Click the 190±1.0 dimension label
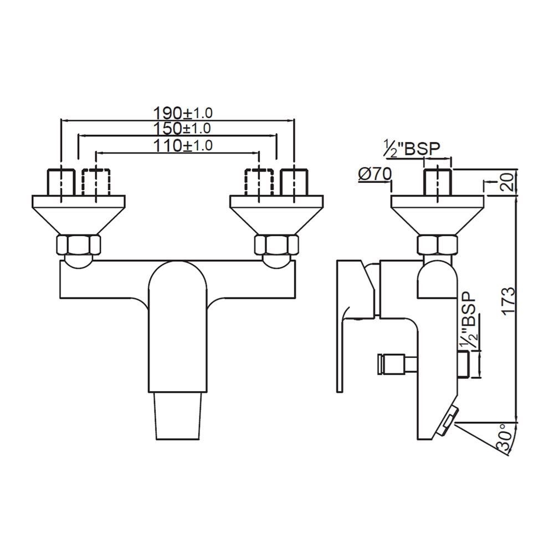point(182,113)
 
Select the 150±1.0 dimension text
point(182,129)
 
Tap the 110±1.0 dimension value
point(182,146)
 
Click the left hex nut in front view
point(79,244)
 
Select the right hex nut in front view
point(275,244)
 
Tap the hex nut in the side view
point(438,244)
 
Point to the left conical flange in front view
point(79,213)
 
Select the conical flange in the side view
point(438,213)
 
